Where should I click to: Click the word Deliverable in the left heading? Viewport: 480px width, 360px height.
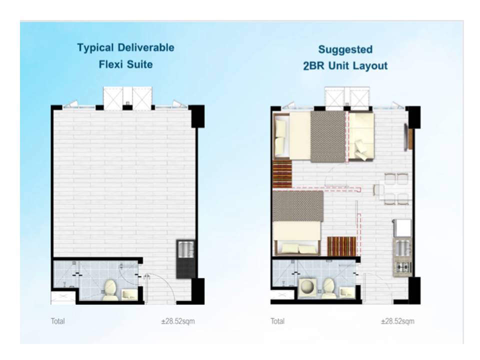(x=145, y=48)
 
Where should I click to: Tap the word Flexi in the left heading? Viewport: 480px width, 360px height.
(x=111, y=64)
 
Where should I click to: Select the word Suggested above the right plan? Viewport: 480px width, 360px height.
(x=345, y=49)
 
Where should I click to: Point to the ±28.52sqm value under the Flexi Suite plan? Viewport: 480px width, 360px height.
(x=178, y=321)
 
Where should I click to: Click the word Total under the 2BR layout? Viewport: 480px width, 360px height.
(x=277, y=321)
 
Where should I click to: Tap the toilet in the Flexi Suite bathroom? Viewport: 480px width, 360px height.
(x=109, y=289)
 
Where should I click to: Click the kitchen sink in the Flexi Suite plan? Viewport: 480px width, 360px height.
(x=185, y=249)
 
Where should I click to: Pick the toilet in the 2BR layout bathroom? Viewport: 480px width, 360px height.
(x=328, y=288)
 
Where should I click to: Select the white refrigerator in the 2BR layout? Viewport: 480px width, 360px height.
(x=402, y=228)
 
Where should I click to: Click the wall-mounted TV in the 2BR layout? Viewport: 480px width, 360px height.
(x=406, y=137)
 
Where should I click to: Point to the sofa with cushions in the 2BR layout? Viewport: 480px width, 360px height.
(x=361, y=136)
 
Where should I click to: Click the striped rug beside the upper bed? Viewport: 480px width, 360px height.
(x=282, y=174)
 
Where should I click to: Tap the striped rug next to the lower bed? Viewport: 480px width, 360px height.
(x=341, y=246)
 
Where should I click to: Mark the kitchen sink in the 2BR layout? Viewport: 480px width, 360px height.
(x=401, y=248)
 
